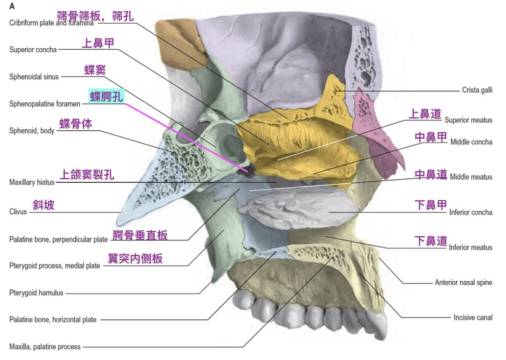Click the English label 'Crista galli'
pos(477,90)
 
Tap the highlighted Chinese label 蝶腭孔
pos(107,97)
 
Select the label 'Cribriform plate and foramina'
pos(51,23)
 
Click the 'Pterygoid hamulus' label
pos(36,293)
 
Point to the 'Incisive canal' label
pos(473,317)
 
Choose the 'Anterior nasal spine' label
pos(463,282)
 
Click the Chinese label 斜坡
pos(43,205)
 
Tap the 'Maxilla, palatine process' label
pos(45,347)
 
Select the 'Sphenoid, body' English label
pos(32,131)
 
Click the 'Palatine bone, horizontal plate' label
pos(53,320)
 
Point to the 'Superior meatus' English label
pos(468,120)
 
